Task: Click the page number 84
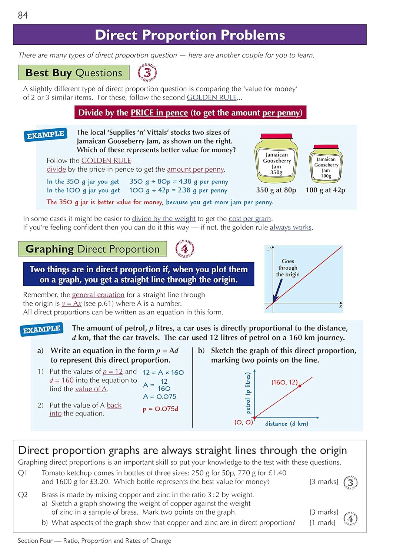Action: pos(23,15)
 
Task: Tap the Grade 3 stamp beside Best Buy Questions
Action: pos(147,73)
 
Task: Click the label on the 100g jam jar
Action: pos(326,168)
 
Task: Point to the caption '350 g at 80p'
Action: pos(276,190)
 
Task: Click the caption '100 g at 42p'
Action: pos(325,190)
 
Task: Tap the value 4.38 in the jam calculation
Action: pos(185,182)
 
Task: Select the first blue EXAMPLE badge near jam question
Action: pos(45,135)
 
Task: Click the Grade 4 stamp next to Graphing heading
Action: pos(184,249)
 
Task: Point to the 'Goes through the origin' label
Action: pos(287,268)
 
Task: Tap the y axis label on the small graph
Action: pos(269,248)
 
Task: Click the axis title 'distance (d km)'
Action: pos(286,424)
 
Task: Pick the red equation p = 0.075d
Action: pos(160,409)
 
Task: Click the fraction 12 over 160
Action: pos(164,385)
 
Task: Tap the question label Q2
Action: pos(23,495)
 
